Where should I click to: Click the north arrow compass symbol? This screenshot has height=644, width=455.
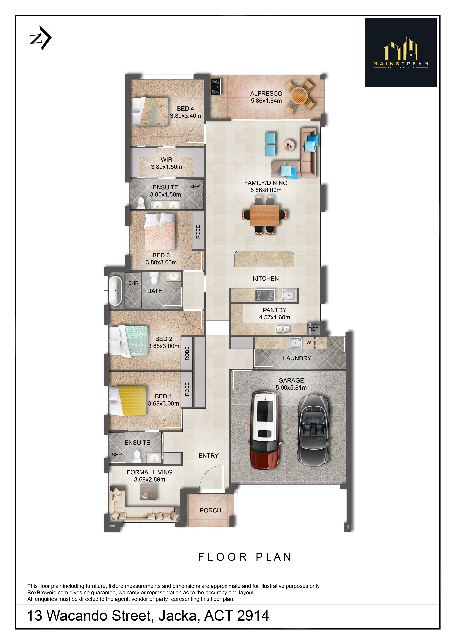point(40,38)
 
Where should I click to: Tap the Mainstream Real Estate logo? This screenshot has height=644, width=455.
point(400,53)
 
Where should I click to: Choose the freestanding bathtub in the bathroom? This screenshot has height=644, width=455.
point(115,291)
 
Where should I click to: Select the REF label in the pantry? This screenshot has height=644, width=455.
point(313,329)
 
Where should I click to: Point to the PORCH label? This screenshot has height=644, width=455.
point(210,510)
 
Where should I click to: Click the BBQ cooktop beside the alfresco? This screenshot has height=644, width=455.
point(215,87)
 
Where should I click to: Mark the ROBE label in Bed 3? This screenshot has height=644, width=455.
point(198,232)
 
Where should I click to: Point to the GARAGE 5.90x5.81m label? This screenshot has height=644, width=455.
point(291,384)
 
